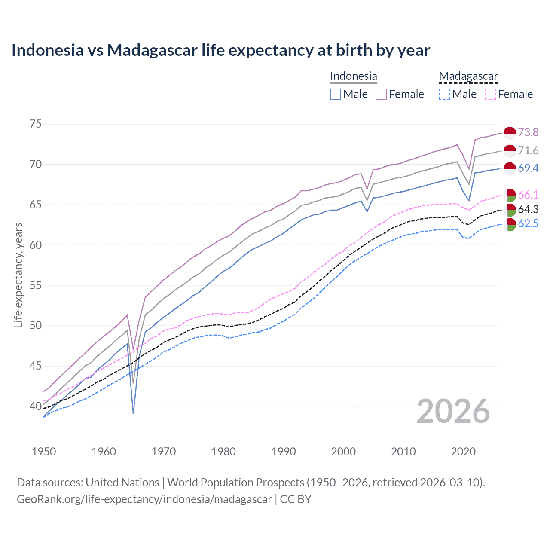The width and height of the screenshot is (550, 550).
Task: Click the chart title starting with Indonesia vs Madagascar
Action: click(x=220, y=50)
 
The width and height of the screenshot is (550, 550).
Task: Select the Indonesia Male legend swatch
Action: click(x=336, y=94)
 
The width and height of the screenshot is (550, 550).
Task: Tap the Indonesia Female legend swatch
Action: click(x=381, y=94)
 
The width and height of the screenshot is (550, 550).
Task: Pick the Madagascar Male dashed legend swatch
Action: click(x=444, y=94)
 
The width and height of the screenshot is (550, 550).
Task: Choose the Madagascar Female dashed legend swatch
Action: click(x=490, y=94)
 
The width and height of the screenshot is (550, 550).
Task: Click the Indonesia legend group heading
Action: click(x=353, y=76)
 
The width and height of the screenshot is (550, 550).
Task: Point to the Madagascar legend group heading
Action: click(x=468, y=76)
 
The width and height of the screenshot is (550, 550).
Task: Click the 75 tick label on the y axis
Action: click(x=36, y=124)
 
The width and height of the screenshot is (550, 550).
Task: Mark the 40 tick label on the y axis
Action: click(x=36, y=406)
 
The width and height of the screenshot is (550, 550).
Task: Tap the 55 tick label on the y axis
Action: click(x=36, y=285)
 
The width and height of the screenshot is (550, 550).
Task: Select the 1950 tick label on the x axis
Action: click(x=44, y=452)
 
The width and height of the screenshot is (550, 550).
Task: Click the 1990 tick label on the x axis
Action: click(x=284, y=452)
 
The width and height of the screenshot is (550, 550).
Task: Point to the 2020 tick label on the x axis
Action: click(x=463, y=452)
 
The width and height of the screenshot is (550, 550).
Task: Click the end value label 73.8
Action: click(x=528, y=132)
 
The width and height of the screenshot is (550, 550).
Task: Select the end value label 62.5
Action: click(x=528, y=224)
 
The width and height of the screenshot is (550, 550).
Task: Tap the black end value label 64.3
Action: click(x=528, y=209)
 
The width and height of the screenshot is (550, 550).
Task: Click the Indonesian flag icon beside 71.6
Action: click(x=510, y=151)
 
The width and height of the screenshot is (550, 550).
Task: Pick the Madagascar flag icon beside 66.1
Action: click(x=510, y=195)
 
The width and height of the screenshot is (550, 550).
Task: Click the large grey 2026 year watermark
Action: click(x=453, y=411)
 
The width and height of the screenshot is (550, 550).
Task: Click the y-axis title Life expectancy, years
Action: click(x=18, y=275)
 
